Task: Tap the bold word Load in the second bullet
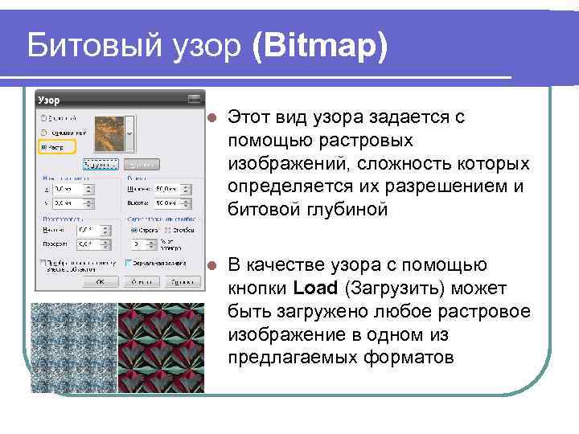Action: pyautogui.click(x=314, y=289)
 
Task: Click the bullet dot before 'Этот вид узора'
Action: pyautogui.click(x=211, y=117)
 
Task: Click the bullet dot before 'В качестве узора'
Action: pyautogui.click(x=211, y=265)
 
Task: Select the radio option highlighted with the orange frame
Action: pyautogui.click(x=43, y=147)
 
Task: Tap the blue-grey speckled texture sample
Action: pyautogui.click(x=74, y=347)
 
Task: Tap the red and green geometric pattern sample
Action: pyautogui.click(x=161, y=347)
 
